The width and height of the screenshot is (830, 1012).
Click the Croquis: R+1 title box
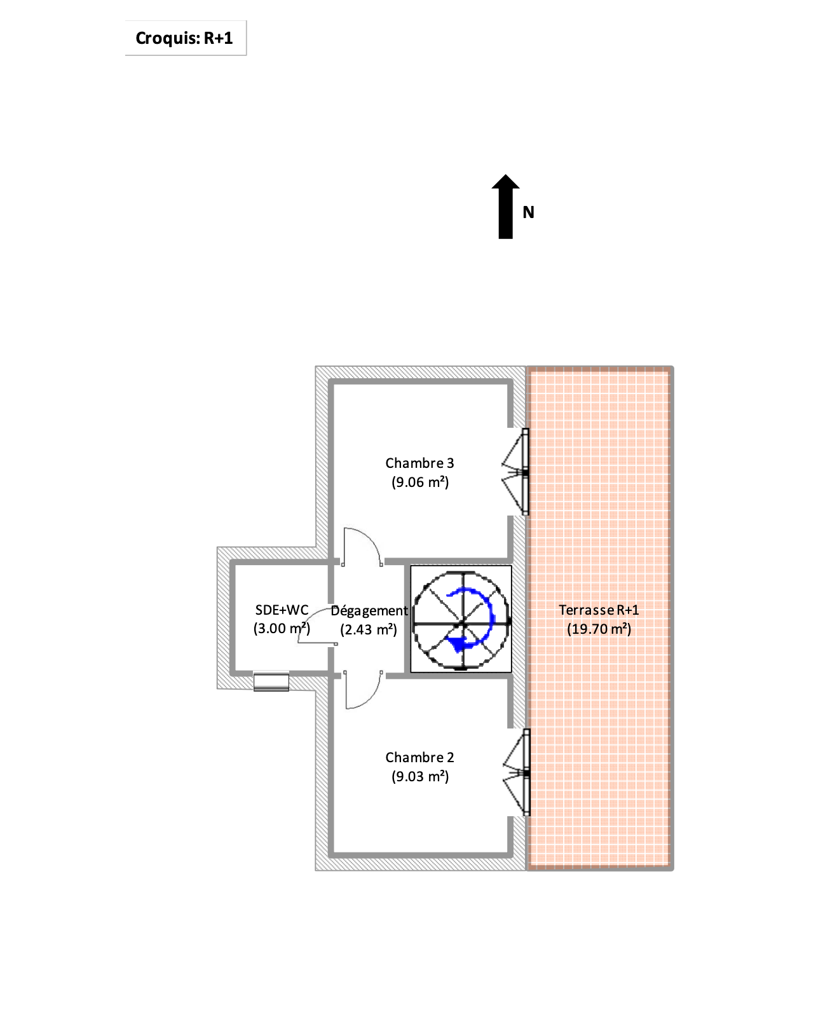click(x=184, y=38)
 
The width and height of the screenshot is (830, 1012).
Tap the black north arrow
click(x=505, y=207)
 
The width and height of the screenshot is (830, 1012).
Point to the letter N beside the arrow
click(x=528, y=212)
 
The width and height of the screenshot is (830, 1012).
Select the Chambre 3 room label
click(x=419, y=463)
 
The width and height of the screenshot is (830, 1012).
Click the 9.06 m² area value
click(x=420, y=482)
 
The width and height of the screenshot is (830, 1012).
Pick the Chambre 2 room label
click(x=419, y=757)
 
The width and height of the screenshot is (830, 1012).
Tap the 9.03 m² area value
click(x=420, y=776)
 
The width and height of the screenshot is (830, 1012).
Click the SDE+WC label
click(x=282, y=610)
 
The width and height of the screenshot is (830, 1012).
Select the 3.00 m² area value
click(x=282, y=629)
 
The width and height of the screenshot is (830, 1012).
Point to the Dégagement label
click(x=369, y=611)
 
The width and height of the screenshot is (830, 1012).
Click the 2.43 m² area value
click(x=369, y=629)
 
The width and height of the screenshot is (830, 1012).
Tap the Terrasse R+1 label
click(x=599, y=610)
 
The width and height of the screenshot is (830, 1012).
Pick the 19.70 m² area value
click(x=599, y=629)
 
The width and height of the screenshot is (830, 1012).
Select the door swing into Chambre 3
click(x=361, y=545)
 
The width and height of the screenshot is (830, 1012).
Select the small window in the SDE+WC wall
click(x=271, y=682)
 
